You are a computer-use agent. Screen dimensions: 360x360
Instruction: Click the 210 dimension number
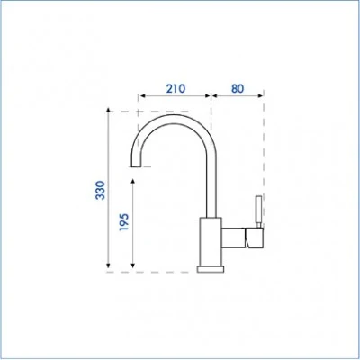[175, 88]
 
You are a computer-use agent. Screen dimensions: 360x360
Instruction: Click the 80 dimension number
[238, 88]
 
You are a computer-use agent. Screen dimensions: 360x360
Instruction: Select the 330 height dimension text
[100, 190]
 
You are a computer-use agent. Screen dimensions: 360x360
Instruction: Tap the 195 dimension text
[124, 222]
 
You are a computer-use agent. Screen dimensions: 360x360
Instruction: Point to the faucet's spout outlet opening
[136, 166]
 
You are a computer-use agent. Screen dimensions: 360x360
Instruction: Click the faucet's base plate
[211, 269]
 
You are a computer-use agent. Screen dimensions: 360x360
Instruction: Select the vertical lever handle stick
[258, 210]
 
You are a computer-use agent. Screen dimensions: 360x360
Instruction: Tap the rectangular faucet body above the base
[211, 241]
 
